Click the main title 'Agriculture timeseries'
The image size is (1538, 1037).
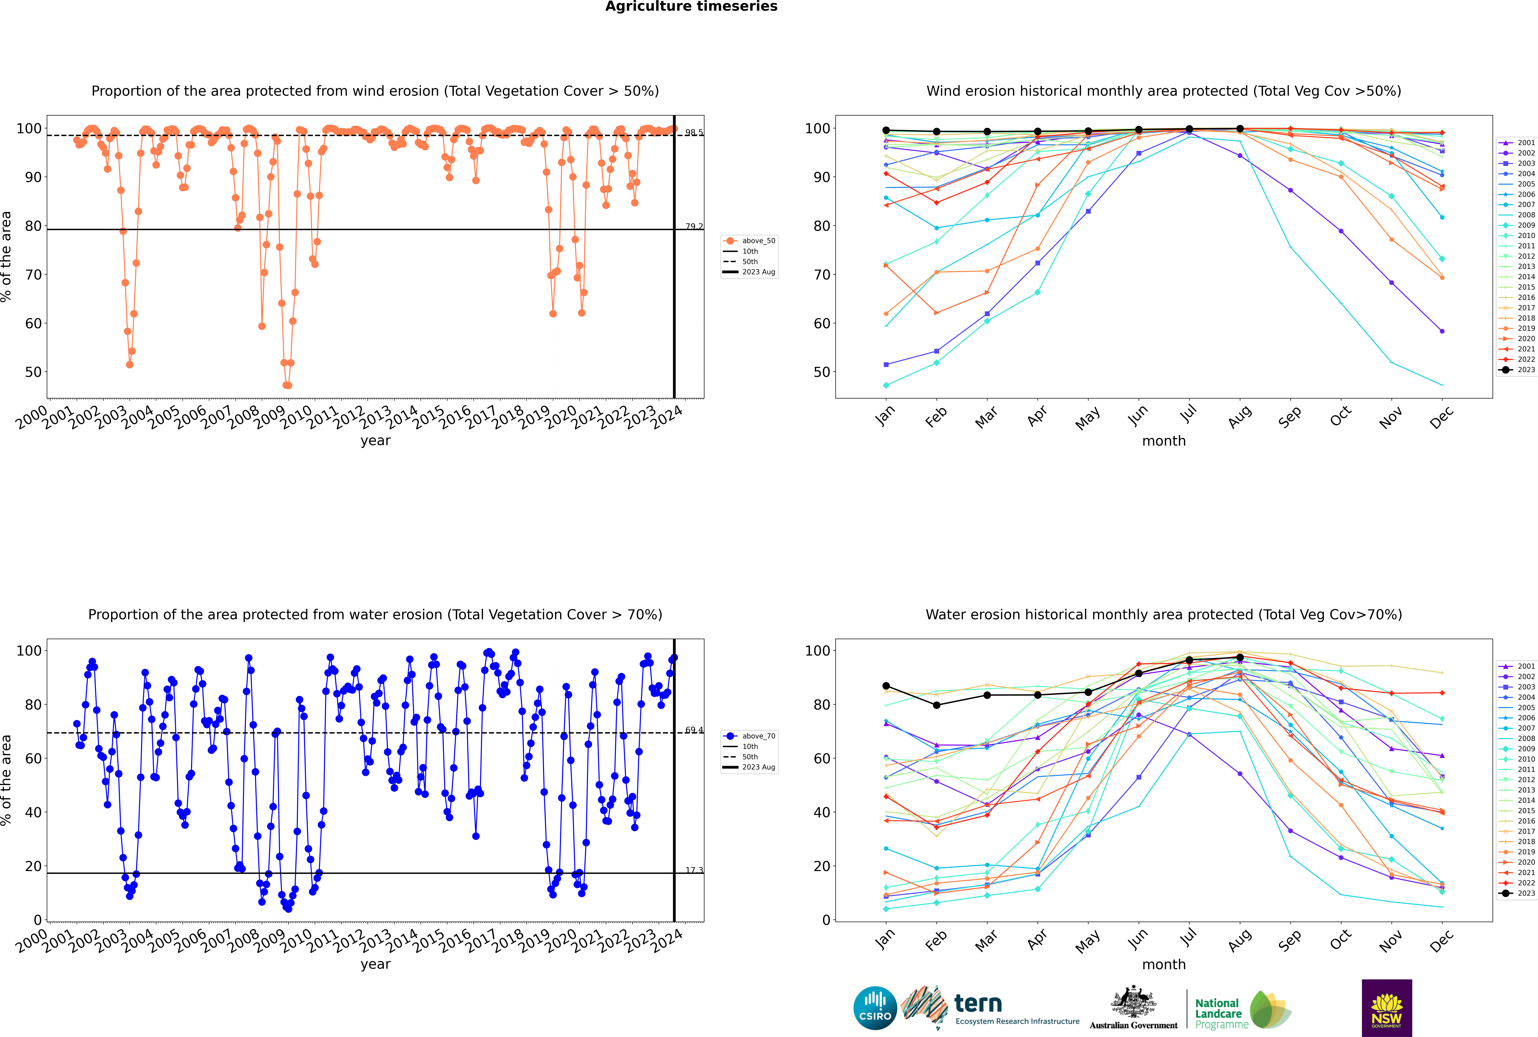[x=691, y=7]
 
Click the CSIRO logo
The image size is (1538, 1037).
[x=875, y=1008]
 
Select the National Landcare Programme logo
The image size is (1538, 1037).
[x=1243, y=1010]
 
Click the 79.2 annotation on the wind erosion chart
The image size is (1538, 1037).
[x=694, y=226]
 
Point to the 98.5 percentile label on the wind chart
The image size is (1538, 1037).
[x=694, y=132]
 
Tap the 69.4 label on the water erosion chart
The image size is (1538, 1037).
[x=694, y=730]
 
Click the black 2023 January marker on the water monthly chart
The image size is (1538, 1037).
[x=886, y=686]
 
